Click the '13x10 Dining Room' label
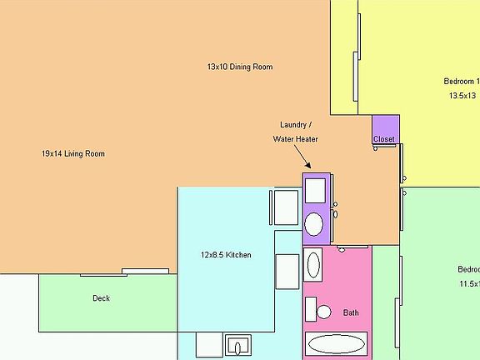[x=240, y=67]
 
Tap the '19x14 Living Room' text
[x=73, y=153]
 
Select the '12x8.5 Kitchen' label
[x=225, y=255]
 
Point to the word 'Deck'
[x=101, y=298]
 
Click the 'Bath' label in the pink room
[x=351, y=313]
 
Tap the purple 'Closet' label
[x=384, y=139]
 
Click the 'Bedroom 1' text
[x=462, y=82]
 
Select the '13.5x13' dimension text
[x=463, y=96]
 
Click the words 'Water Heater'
[x=295, y=139]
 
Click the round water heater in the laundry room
[x=314, y=224]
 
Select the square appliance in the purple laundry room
[x=315, y=191]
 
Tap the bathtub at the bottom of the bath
[x=337, y=343]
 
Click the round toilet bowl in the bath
[x=323, y=312]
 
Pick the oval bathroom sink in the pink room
[x=314, y=265]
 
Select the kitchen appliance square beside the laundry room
[x=286, y=207]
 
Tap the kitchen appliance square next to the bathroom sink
[x=287, y=271]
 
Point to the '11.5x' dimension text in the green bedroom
[x=468, y=284]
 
